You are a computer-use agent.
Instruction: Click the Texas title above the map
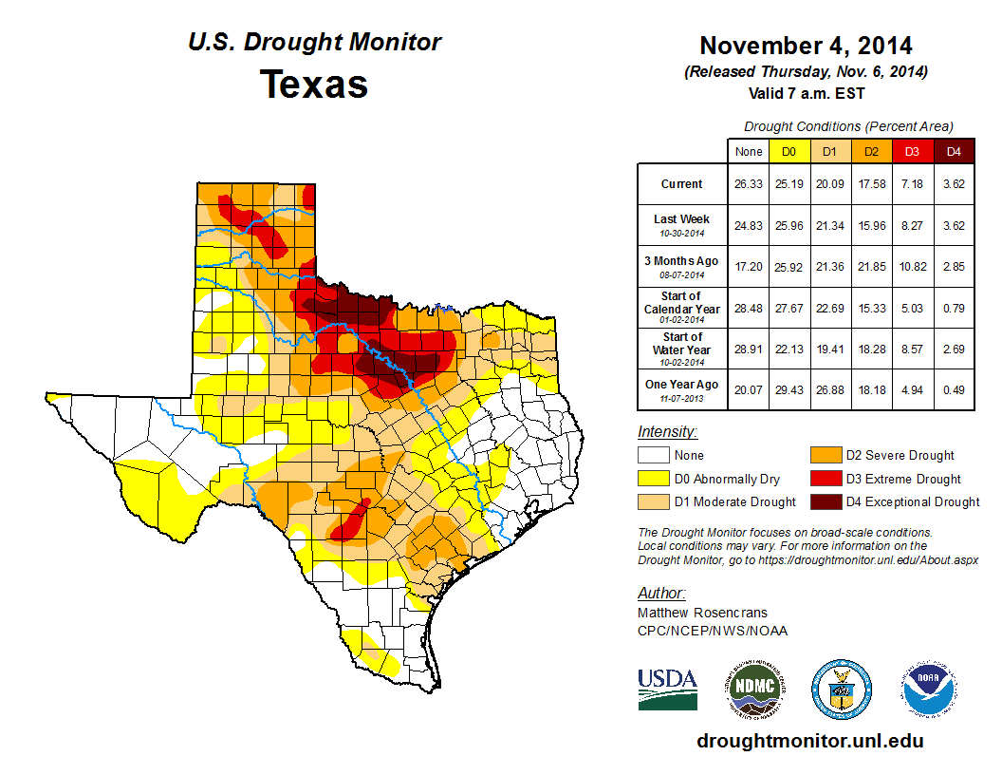(314, 85)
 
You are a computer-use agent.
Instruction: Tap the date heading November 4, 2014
(806, 46)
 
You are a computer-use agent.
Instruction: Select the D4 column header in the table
(954, 151)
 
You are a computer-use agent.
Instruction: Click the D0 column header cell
(789, 151)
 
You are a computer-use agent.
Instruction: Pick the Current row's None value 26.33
(748, 184)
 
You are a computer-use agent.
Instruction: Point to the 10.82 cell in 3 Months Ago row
(912, 266)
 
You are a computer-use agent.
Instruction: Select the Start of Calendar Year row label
(681, 308)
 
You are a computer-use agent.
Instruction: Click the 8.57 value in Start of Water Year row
(912, 349)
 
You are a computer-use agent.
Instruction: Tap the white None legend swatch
(652, 456)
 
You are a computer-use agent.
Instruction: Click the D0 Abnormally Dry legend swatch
(652, 479)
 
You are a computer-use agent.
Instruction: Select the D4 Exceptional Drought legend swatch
(824, 501)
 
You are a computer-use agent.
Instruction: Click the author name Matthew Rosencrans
(702, 613)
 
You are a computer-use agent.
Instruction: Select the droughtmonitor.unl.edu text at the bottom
(809, 741)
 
